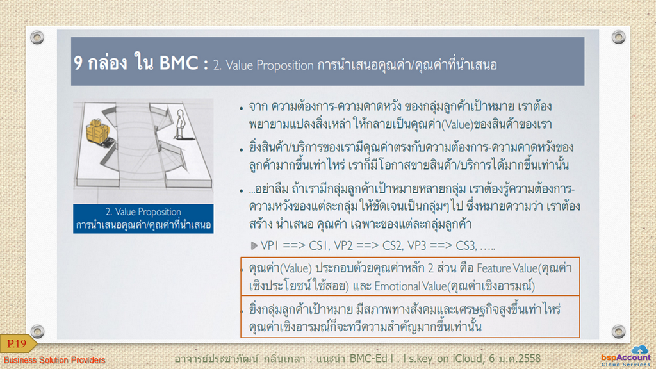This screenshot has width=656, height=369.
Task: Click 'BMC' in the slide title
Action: pyautogui.click(x=179, y=63)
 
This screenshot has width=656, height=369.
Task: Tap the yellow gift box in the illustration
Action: pyautogui.click(x=98, y=131)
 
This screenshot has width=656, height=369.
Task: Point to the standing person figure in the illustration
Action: pyautogui.click(x=180, y=124)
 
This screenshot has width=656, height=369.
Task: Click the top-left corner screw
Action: pyautogui.click(x=37, y=37)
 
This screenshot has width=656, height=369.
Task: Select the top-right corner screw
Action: pyautogui.click(x=618, y=37)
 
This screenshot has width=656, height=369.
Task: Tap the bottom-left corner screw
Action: pyautogui.click(x=37, y=331)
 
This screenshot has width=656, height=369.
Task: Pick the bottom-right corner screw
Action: pyautogui.click(x=618, y=331)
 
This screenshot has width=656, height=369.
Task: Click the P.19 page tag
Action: pyautogui.click(x=17, y=344)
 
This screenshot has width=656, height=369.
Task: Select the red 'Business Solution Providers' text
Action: pyautogui.click(x=54, y=360)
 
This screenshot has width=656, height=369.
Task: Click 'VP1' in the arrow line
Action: pyautogui.click(x=270, y=245)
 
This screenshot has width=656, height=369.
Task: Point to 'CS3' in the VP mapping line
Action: pyautogui.click(x=465, y=245)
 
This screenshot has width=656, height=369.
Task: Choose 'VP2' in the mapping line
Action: pyautogui.click(x=343, y=245)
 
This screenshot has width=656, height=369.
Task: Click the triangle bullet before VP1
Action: pyautogui.click(x=254, y=245)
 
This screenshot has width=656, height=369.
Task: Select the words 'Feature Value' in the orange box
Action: pyautogui.click(x=507, y=268)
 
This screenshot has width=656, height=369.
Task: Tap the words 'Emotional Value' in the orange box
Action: pyautogui.click(x=411, y=286)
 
